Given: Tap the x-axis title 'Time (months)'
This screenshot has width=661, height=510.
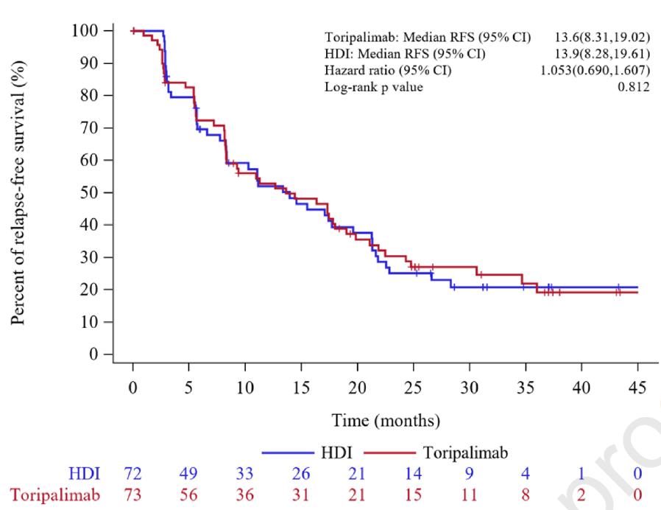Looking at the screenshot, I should pyautogui.click(x=386, y=421).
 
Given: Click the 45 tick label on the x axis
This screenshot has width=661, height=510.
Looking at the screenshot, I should pyautogui.click(x=637, y=388).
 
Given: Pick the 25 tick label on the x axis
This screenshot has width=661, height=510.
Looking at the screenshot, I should pyautogui.click(x=413, y=388).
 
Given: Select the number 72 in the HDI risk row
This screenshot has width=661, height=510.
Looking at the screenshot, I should pyautogui.click(x=132, y=474).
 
